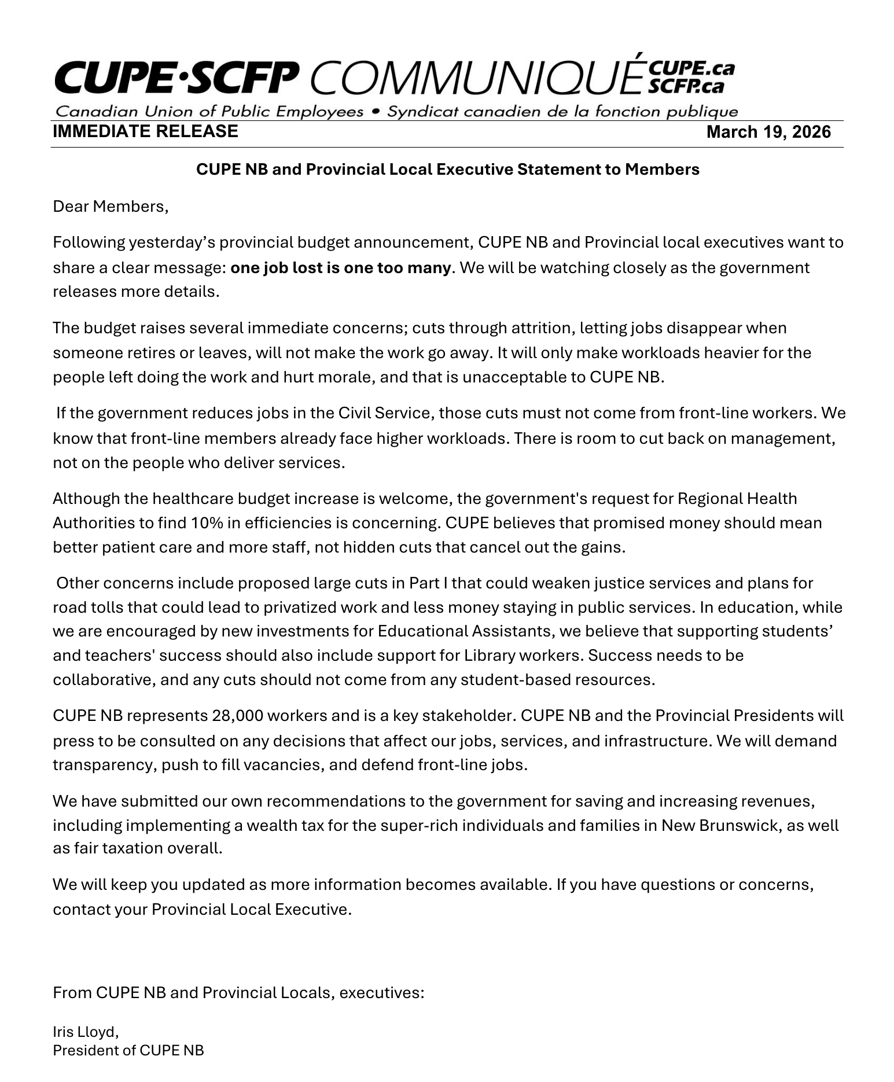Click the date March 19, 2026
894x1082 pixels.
(x=768, y=132)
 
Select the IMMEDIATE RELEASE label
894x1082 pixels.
(x=145, y=131)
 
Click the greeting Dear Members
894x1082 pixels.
(x=110, y=207)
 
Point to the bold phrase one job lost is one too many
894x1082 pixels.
(x=340, y=268)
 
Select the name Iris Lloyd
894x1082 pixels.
(x=85, y=1032)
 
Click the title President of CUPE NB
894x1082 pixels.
(x=128, y=1050)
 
